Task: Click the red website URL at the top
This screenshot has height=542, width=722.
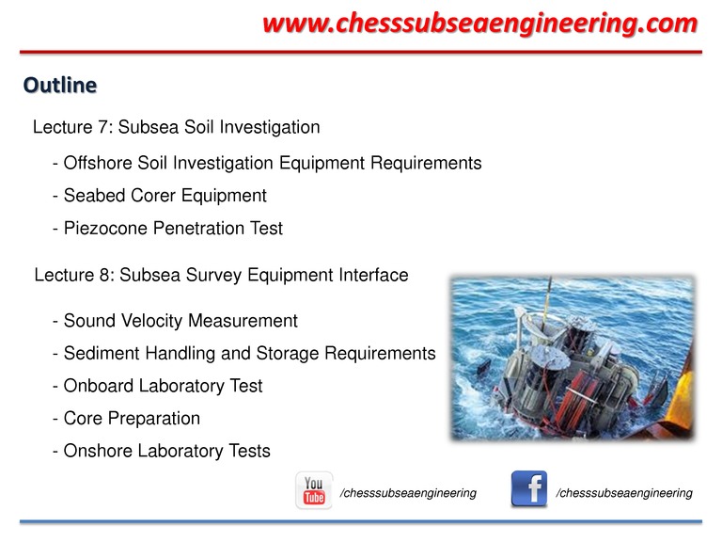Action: coord(480,24)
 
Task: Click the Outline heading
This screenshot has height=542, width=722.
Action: coord(60,86)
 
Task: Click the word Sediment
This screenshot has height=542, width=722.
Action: coord(102,354)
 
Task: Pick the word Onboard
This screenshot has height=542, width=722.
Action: coord(99,386)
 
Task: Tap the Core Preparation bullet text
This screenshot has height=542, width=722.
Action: coord(132,419)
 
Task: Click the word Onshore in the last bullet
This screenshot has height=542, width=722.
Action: coord(97,451)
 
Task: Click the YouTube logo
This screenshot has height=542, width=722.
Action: coord(314,490)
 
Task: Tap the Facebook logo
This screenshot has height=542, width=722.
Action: coord(529,488)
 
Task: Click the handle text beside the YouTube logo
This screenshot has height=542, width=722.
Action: coord(408,493)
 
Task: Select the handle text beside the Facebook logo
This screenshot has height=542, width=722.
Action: coord(624,493)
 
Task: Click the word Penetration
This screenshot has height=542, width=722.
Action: coord(199,229)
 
